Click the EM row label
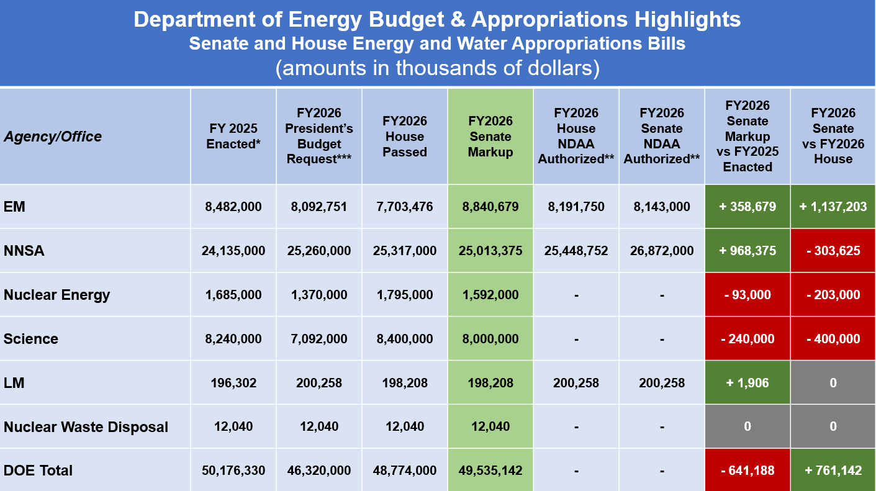click(14, 207)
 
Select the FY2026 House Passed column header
click(405, 137)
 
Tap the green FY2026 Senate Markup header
click(490, 137)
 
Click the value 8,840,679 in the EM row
click(490, 207)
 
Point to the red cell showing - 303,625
click(833, 251)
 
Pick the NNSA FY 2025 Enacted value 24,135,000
click(233, 251)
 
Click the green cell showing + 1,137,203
click(833, 207)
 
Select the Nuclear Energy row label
click(56, 295)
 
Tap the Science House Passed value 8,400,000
click(405, 339)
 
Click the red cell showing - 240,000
click(747, 339)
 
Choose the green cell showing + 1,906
click(747, 383)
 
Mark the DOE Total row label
click(38, 471)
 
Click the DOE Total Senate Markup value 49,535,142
click(490, 471)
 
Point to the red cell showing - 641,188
click(747, 471)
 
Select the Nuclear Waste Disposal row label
click(86, 427)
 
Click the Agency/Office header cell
click(53, 137)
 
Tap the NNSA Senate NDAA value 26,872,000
click(662, 251)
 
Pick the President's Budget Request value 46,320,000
click(319, 471)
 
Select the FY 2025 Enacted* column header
click(233, 137)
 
